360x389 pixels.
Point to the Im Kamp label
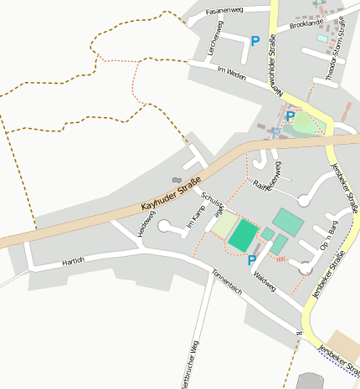(x=196, y=218)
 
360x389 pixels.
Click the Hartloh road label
(x=74, y=263)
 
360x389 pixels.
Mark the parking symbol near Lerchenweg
(x=255, y=41)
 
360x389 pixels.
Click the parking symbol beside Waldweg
(x=251, y=260)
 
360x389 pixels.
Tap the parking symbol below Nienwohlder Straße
(x=290, y=117)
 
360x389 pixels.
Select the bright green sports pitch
(x=244, y=235)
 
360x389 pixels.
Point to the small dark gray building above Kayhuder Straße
(x=176, y=179)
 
